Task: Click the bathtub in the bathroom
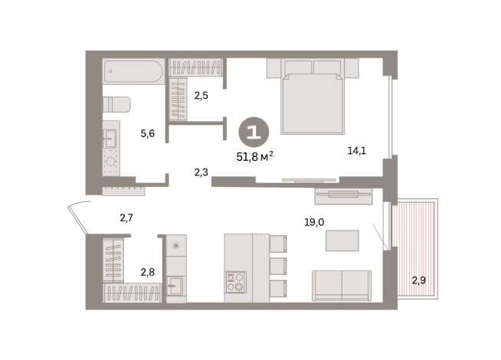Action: click(133, 71)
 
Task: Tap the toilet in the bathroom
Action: click(116, 105)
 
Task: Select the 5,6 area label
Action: click(147, 133)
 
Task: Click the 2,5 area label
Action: click(201, 96)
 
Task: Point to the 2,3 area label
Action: click(201, 172)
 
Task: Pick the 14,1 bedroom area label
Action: click(356, 150)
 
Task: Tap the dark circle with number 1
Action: click(254, 132)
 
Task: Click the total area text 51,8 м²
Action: click(255, 157)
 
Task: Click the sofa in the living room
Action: click(341, 285)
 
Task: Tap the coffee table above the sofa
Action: click(342, 241)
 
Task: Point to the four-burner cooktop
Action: click(234, 282)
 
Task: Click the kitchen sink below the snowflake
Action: click(175, 286)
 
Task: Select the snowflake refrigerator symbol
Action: click(175, 246)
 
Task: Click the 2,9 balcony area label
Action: click(418, 280)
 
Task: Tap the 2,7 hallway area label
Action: click(127, 218)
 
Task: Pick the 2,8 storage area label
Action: click(147, 271)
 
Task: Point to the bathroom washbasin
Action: click(110, 139)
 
